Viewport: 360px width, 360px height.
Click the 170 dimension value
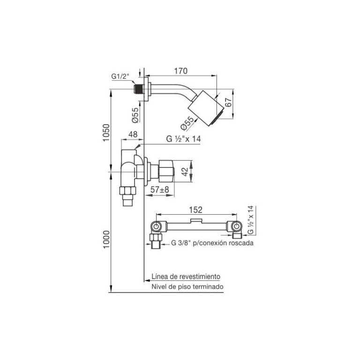point(181,71)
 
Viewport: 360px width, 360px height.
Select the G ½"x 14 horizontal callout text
point(183,139)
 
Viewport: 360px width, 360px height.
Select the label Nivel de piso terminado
point(187,286)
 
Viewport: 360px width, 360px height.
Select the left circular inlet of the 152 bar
point(156,227)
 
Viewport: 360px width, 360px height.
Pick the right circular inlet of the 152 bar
point(237,227)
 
